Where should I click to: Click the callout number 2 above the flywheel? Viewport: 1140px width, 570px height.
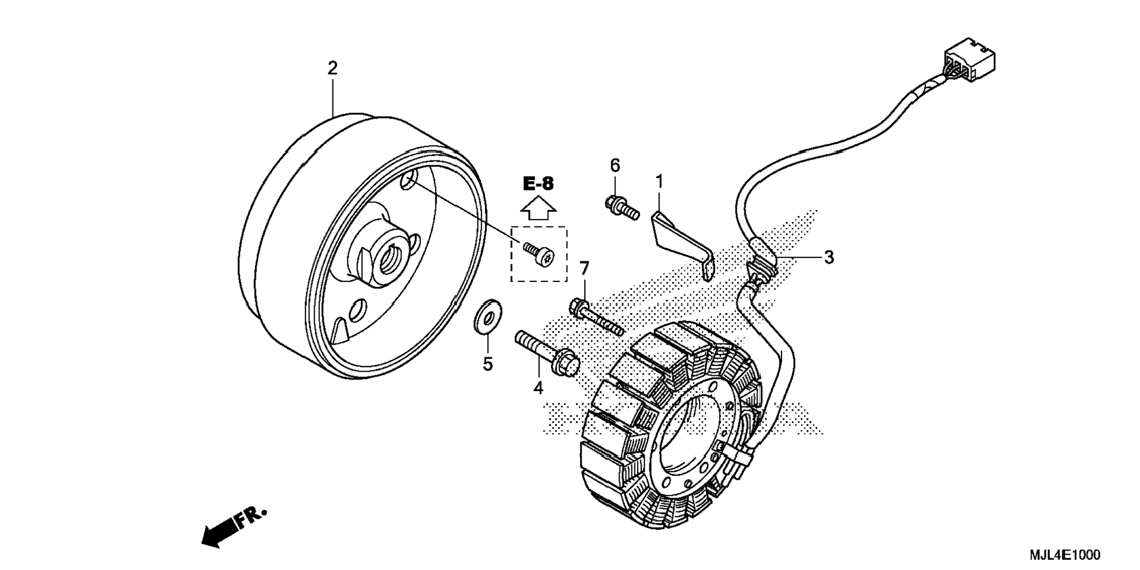[x=332, y=68]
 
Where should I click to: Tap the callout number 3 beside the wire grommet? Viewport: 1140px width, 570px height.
[x=829, y=257]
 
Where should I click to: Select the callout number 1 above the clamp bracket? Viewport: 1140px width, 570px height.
[x=659, y=182]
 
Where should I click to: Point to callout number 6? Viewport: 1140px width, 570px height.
[x=615, y=166]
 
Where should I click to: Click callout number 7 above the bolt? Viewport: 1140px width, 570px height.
[x=584, y=269]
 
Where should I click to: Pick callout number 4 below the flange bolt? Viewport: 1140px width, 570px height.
[x=538, y=388]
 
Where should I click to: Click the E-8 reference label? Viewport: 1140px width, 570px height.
[x=539, y=184]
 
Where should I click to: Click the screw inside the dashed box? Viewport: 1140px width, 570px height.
[x=539, y=253]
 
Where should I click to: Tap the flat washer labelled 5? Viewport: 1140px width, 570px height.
[x=488, y=317]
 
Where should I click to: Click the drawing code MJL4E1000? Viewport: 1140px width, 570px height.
[x=1065, y=555]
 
